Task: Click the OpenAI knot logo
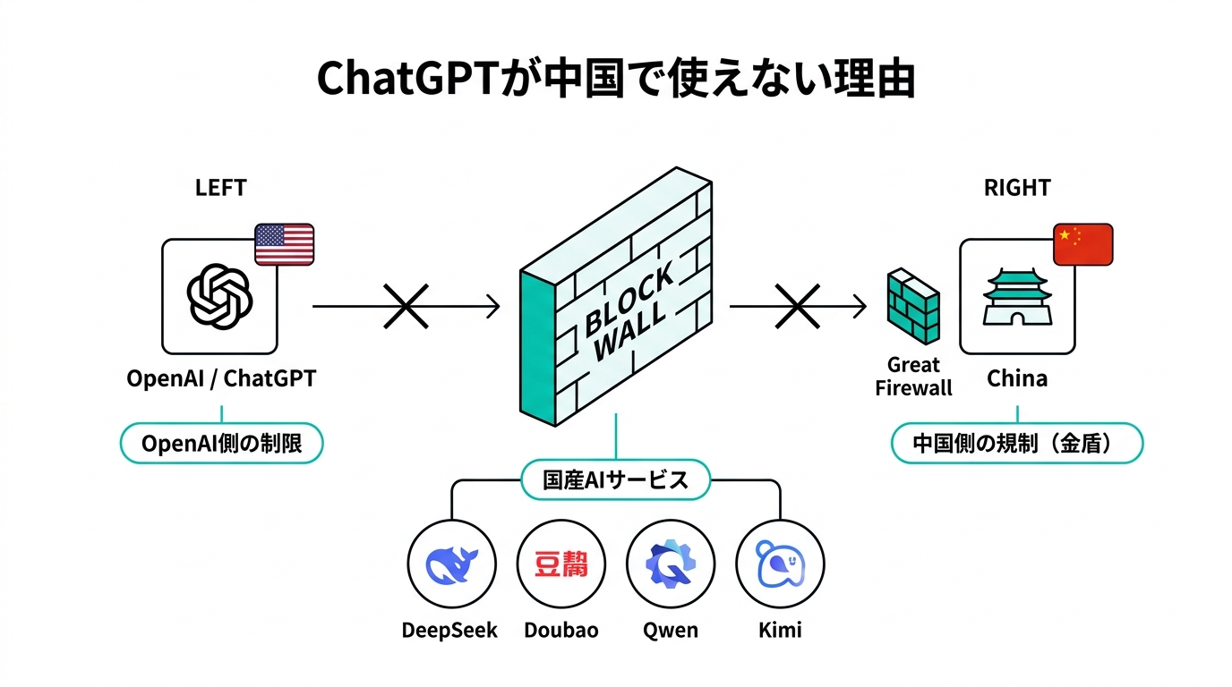pos(219,296)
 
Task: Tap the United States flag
pos(285,244)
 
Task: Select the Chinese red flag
pos(1082,244)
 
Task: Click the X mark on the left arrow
pos(406,307)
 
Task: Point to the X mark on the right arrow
pos(798,307)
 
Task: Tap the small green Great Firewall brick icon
pos(913,307)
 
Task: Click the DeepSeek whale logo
pos(451,564)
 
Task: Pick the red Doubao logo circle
pos(561,564)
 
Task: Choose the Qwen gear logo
pos(671,564)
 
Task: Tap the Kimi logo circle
pos(780,564)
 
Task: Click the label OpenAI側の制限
pos(221,443)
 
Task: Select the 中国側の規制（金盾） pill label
pos(1017,443)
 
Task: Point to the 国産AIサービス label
pos(616,480)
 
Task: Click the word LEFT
pos(220,188)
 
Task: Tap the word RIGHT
pos(1017,188)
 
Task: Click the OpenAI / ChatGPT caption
pos(221,378)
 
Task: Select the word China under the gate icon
pos(1017,378)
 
